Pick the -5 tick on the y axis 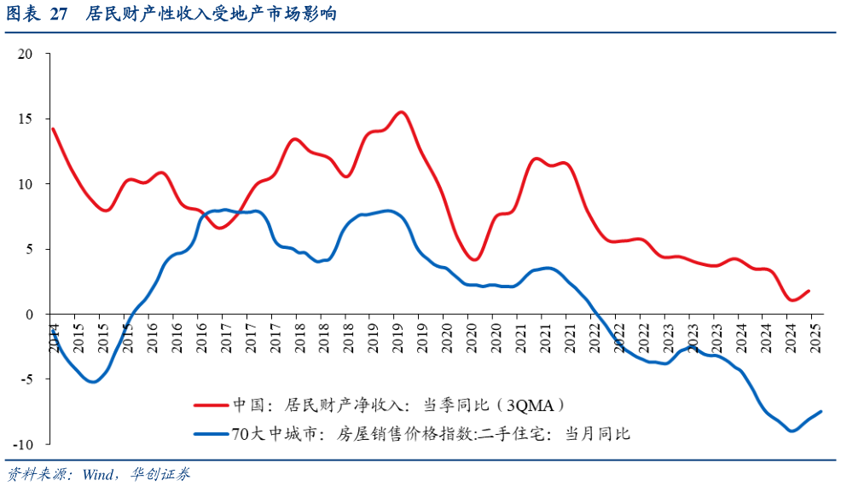pos(26,379)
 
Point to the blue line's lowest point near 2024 pos(792,431)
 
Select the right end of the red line pos(809,291)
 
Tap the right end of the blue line pos(821,412)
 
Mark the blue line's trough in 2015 pos(92,381)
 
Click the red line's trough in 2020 pos(474,259)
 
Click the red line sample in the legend pos(211,405)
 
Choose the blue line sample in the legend pos(211,433)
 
